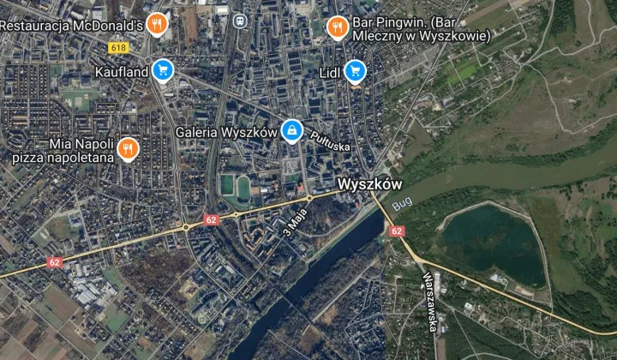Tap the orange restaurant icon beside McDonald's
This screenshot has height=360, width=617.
(156, 24)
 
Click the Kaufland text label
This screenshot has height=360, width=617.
(122, 72)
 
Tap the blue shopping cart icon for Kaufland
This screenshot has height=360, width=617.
(162, 71)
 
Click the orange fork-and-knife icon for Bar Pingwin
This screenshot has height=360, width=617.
(338, 27)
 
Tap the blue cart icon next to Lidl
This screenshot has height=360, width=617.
(355, 72)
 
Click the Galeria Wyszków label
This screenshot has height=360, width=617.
(226, 133)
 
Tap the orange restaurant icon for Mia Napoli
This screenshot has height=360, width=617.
(128, 150)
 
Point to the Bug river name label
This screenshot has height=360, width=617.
(401, 206)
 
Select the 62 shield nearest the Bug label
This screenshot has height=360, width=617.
(395, 231)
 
